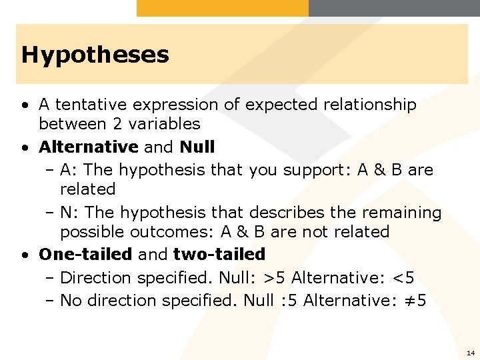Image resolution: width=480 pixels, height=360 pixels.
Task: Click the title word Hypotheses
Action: point(95,55)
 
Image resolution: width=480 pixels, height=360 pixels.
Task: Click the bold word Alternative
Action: point(89,146)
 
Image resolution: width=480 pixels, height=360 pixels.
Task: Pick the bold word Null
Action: point(197,146)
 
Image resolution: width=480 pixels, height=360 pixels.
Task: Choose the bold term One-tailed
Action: point(86,254)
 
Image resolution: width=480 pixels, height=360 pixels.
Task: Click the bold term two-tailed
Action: point(219,254)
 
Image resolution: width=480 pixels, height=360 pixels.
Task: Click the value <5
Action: point(401,277)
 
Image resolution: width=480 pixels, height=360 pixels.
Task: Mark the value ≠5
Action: point(412,301)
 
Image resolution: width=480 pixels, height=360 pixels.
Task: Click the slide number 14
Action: point(471,352)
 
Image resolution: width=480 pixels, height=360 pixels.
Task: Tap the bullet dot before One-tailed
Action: point(25,255)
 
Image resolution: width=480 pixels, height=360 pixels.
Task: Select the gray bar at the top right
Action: point(394,8)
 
